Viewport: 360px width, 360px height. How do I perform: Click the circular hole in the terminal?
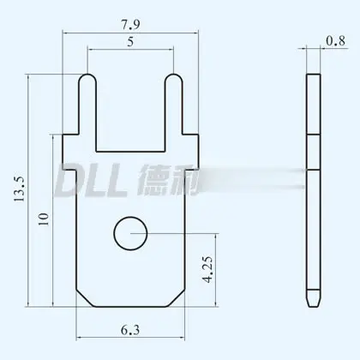pos(130,231)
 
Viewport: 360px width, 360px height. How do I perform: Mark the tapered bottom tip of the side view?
pos(313,302)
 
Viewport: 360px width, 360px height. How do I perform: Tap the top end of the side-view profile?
pos(313,76)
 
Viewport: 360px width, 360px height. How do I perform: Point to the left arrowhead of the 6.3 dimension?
pos(80,329)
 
